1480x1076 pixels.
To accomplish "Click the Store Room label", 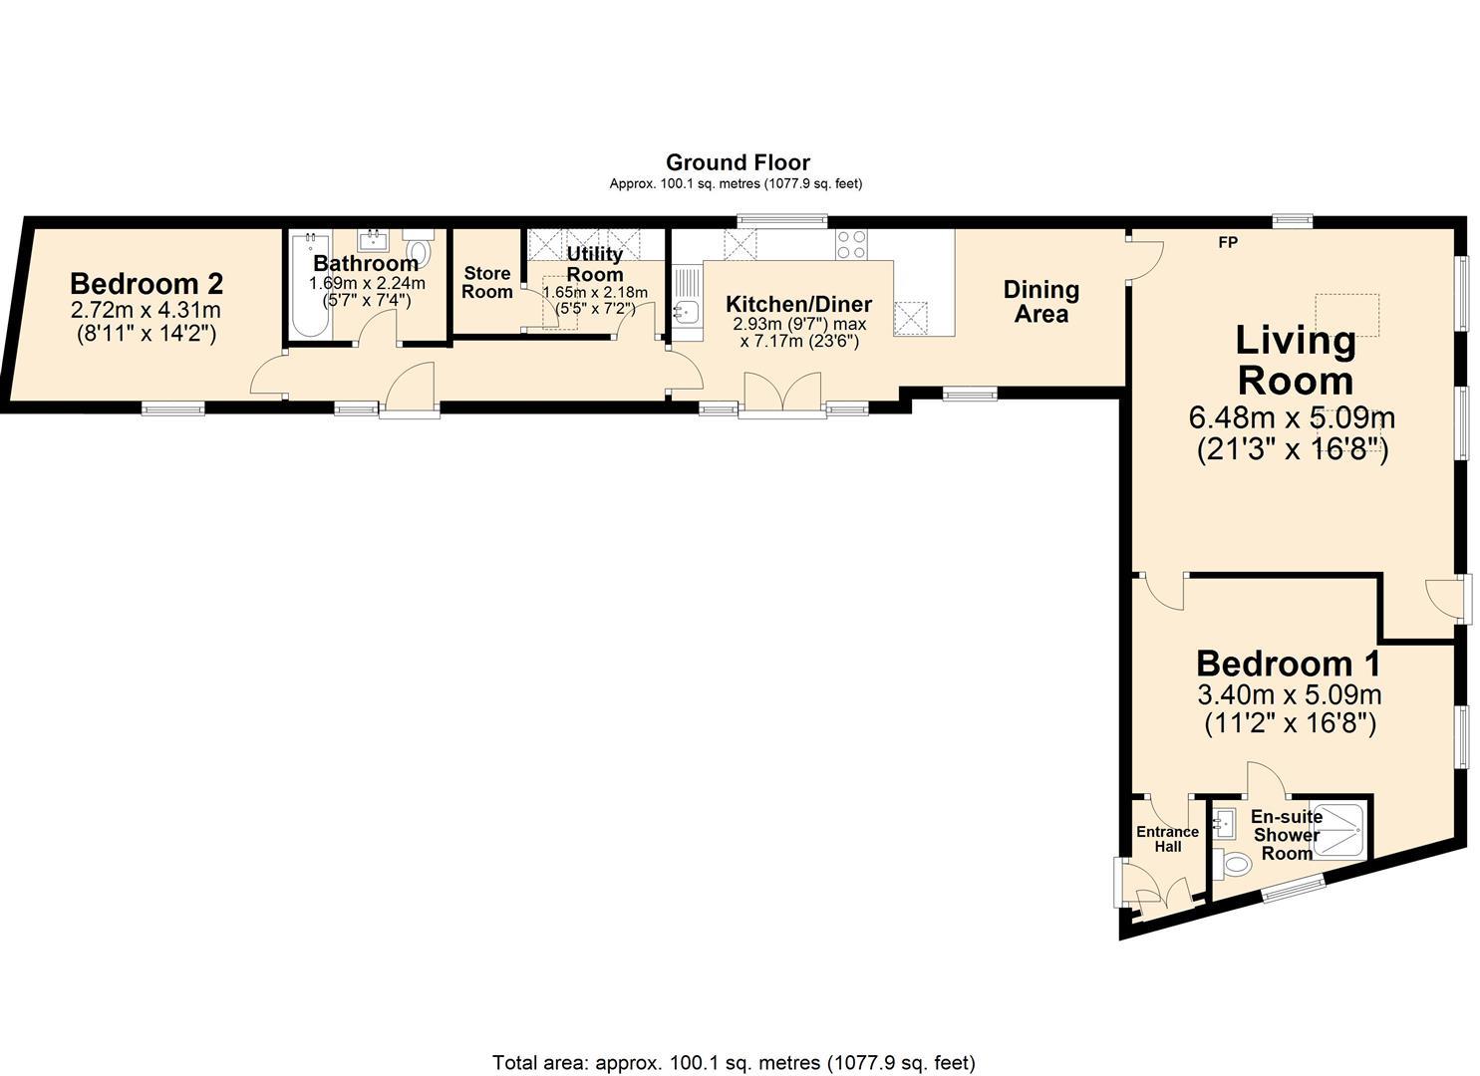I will (487, 282).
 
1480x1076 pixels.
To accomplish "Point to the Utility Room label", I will (595, 264).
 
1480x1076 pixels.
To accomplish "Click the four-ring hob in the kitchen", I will (851, 244).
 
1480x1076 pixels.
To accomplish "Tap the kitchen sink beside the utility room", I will (685, 312).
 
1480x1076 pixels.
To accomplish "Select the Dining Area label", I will (1040, 302).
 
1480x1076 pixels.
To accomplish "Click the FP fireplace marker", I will (1228, 242).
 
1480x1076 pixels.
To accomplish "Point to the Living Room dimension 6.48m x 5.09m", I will (1292, 416).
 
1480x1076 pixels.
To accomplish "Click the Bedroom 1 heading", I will (1289, 664).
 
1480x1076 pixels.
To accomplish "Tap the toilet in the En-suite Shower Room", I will (1235, 863).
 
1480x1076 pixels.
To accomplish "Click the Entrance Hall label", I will (1167, 839).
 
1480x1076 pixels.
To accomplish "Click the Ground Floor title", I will (738, 162).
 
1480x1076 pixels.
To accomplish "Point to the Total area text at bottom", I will (734, 1062).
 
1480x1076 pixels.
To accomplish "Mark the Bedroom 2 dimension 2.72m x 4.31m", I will (146, 311).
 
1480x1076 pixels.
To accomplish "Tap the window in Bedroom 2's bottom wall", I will (172, 407).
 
